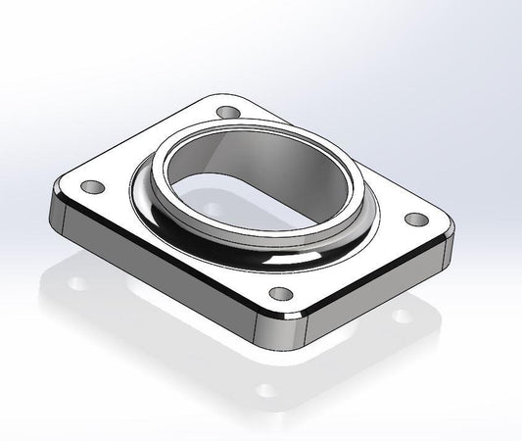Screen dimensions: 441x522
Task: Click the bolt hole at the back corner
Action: pos(227,112)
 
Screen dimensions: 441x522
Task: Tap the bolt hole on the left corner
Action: pos(92,186)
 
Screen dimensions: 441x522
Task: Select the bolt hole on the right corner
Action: pos(415,219)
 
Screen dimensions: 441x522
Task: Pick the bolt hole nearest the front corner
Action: pos(280,293)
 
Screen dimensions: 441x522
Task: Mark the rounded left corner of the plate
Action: pos(57,201)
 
